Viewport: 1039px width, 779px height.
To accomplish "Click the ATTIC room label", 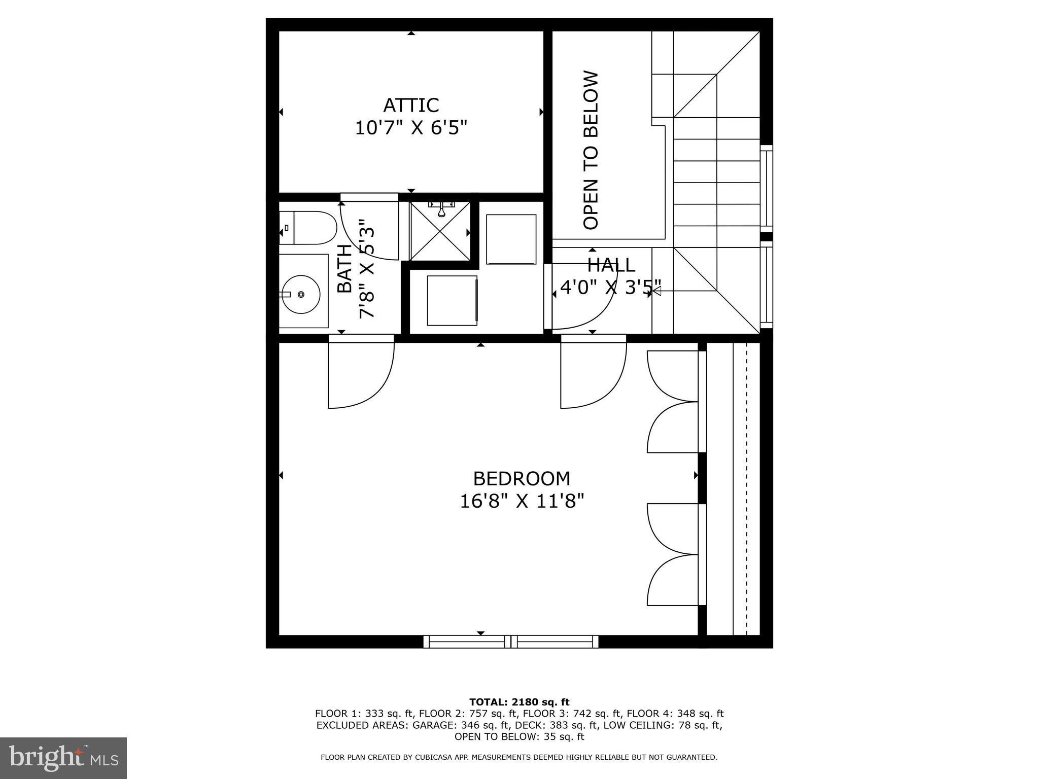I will pyautogui.click(x=410, y=105).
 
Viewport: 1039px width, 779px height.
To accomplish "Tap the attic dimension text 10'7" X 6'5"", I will pyautogui.click(x=410, y=127).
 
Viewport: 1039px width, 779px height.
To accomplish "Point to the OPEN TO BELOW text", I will pyautogui.click(x=592, y=150).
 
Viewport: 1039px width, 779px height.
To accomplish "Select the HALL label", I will pyautogui.click(x=611, y=265).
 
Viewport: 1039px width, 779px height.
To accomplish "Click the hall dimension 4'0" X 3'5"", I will pyautogui.click(x=611, y=288).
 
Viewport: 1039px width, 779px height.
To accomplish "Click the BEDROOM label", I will pyautogui.click(x=522, y=479).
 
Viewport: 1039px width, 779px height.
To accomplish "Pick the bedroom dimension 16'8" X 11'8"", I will pyautogui.click(x=522, y=502).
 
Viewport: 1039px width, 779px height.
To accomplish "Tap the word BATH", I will pyautogui.click(x=344, y=268).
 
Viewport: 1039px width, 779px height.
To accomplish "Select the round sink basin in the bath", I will pyautogui.click(x=301, y=294).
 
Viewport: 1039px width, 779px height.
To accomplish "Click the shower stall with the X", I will pyautogui.click(x=440, y=231).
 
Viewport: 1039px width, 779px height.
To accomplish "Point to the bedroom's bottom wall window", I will pyautogui.click(x=511, y=642).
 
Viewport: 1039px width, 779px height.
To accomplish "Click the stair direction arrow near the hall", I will pyautogui.click(x=656, y=291).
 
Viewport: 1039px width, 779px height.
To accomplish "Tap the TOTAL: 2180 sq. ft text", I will pyautogui.click(x=519, y=702).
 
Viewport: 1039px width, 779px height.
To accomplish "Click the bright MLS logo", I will pyautogui.click(x=63, y=758).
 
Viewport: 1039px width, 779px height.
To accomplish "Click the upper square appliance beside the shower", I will pyautogui.click(x=511, y=239).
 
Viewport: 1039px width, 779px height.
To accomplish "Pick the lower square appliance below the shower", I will pyautogui.click(x=452, y=300).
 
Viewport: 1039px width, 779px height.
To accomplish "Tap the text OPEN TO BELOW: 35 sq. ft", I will pyautogui.click(x=519, y=737).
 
